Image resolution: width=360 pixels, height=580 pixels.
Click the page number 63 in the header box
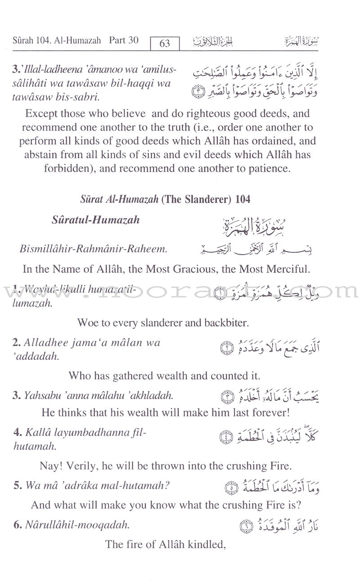pos(165,43)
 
